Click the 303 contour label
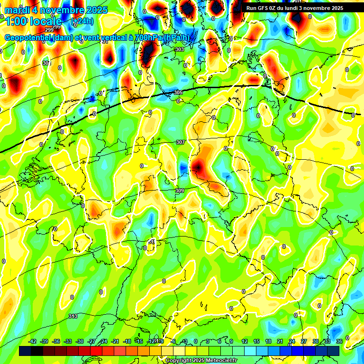(179, 49)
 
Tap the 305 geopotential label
(178, 92)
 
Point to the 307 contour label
(180, 142)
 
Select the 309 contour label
(179, 191)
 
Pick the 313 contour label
(73, 316)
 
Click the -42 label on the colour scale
(33, 341)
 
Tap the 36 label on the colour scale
(339, 341)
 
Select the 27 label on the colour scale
(304, 341)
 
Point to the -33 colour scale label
(68, 341)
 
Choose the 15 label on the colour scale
(256, 341)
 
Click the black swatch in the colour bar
(25, 351)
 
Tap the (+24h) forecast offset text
(82, 21)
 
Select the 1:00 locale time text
(33, 21)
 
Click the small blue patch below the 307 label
(183, 168)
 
